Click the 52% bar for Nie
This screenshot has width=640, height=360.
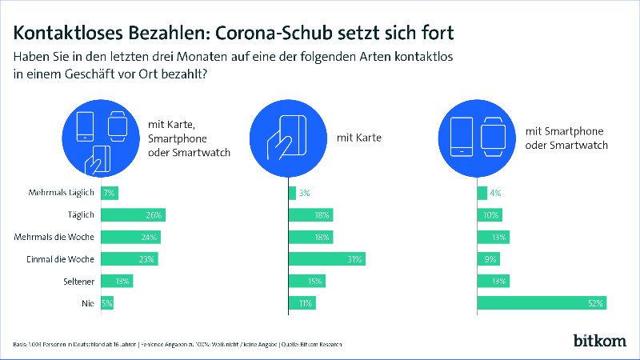542,303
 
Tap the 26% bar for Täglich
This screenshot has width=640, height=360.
132,215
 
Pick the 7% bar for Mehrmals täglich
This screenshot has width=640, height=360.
109,193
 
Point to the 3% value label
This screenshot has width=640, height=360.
304,193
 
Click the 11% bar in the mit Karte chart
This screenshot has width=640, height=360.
302,303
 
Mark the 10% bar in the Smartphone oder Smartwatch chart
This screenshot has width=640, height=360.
490,215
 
